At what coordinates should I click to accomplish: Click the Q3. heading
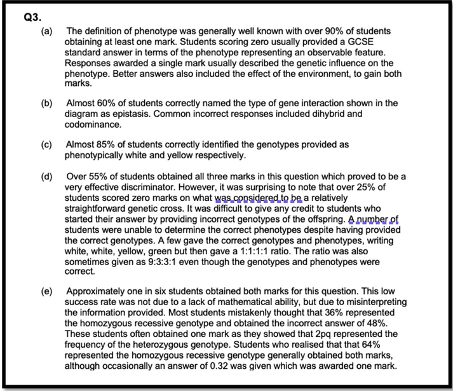pyautogui.click(x=32, y=18)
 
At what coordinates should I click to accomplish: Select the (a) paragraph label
pyautogui.click(x=49, y=31)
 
